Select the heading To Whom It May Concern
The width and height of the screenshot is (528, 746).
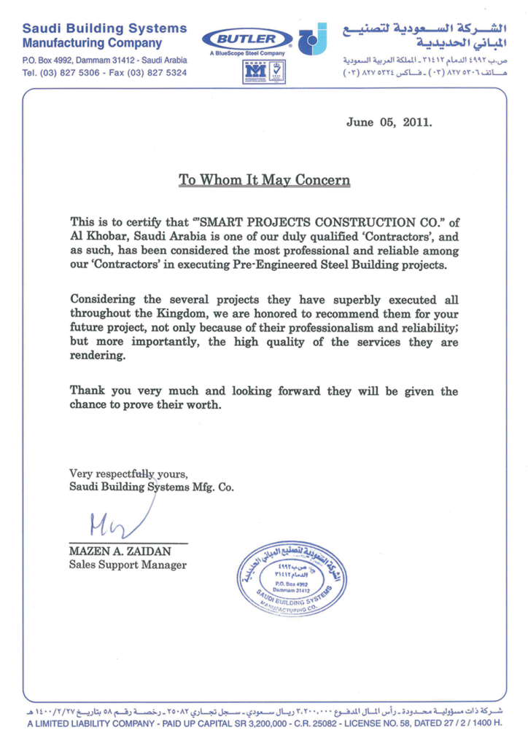click(264, 180)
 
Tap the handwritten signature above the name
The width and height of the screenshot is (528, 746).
click(109, 520)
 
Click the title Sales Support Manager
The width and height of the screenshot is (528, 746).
click(128, 565)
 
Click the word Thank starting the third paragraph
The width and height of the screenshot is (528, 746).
click(86, 391)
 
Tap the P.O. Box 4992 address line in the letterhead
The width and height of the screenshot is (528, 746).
click(104, 60)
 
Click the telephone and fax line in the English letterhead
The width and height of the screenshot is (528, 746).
click(104, 74)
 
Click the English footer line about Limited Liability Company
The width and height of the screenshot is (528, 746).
click(264, 723)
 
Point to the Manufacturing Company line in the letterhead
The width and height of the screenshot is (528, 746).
click(93, 44)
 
